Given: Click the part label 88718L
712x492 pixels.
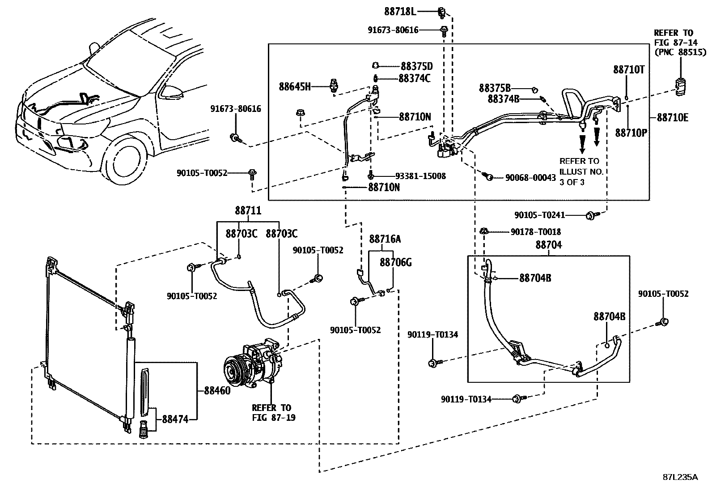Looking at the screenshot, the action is pyautogui.click(x=400, y=12).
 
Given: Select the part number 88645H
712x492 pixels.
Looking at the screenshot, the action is pyautogui.click(x=295, y=86).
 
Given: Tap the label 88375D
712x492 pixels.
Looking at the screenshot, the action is pyautogui.click(x=417, y=66).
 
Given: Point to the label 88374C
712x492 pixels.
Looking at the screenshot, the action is pyautogui.click(x=415, y=78).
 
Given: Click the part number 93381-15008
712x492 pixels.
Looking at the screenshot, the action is pyautogui.click(x=420, y=176).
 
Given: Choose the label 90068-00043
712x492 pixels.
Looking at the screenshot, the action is pyautogui.click(x=530, y=178).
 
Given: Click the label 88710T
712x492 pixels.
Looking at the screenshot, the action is pyautogui.click(x=629, y=69).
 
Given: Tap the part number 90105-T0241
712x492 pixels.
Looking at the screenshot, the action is pyautogui.click(x=540, y=215).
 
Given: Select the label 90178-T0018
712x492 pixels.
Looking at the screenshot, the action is pyautogui.click(x=536, y=232).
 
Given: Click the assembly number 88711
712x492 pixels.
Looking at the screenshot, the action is pyautogui.click(x=248, y=210).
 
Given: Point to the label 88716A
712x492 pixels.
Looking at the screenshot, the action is pyautogui.click(x=385, y=239).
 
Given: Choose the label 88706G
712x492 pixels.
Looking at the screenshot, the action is pyautogui.click(x=396, y=262).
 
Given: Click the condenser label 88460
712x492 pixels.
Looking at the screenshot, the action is pyautogui.click(x=217, y=390).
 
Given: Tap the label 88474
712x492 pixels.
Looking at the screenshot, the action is pyautogui.click(x=175, y=419).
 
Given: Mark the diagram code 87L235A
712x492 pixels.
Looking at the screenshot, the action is pyautogui.click(x=680, y=477).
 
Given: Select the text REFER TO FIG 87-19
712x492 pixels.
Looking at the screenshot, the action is pyautogui.click(x=274, y=412).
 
